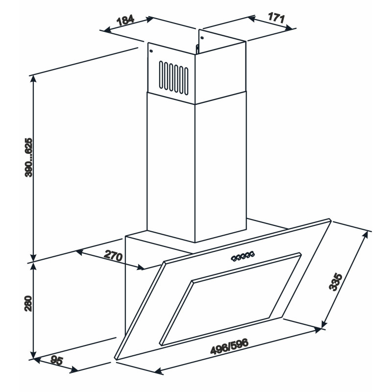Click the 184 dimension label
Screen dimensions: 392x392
click(x=125, y=21)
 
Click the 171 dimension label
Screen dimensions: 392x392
click(x=276, y=18)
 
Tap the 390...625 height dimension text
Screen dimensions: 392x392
click(x=29, y=157)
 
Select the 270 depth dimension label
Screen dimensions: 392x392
click(x=113, y=255)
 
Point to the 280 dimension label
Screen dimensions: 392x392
click(x=28, y=303)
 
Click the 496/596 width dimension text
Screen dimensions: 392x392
click(x=229, y=346)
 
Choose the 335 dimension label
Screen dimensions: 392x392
click(x=335, y=282)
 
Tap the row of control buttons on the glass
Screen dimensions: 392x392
click(x=243, y=256)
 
